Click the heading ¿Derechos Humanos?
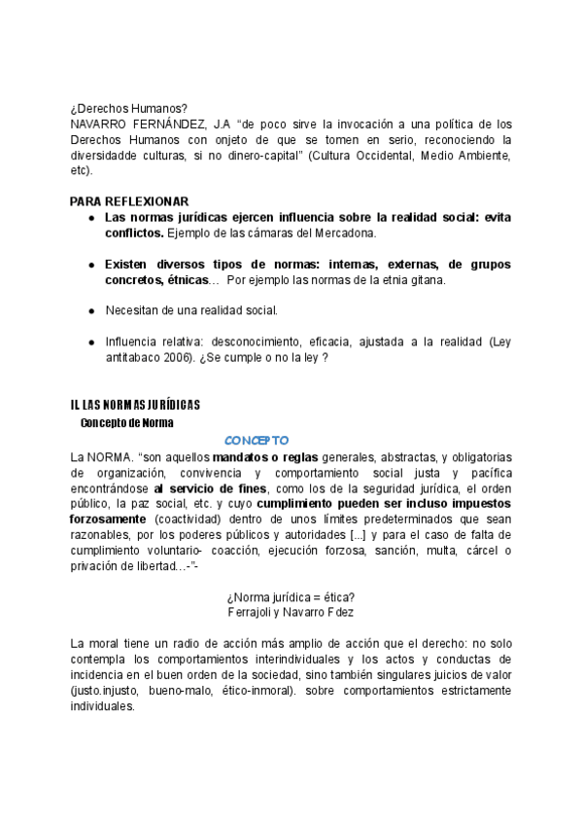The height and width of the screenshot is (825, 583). click(x=129, y=108)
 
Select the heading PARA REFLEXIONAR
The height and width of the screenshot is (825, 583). click(x=129, y=201)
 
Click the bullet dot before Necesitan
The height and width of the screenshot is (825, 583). click(x=90, y=311)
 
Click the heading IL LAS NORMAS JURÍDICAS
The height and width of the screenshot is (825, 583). click(x=135, y=405)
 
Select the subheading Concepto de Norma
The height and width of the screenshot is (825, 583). click(x=126, y=422)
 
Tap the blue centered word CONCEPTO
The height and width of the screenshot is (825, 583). click(x=257, y=440)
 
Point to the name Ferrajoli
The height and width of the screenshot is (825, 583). click(x=253, y=612)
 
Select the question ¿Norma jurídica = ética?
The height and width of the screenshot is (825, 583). click(x=291, y=596)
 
